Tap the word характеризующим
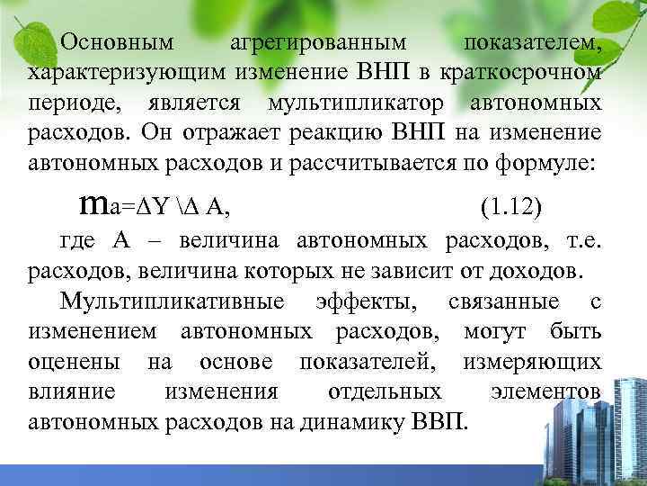[129, 73]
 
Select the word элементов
[546, 392]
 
